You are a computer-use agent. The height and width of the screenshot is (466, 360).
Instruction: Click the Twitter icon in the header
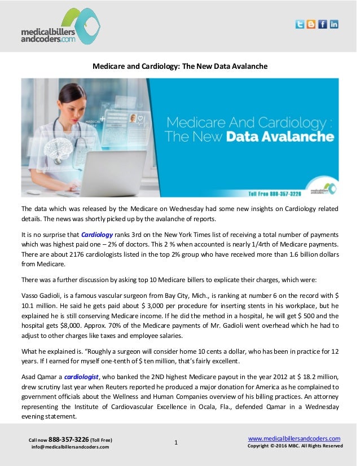pyautogui.click(x=300, y=24)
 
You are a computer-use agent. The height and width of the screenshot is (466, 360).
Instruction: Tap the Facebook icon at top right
pyautogui.click(x=323, y=24)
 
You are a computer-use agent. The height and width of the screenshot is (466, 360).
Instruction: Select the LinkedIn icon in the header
pyautogui.click(x=334, y=24)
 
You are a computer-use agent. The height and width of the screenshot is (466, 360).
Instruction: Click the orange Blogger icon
pyautogui.click(x=311, y=24)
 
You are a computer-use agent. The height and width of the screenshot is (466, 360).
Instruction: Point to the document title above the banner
pyautogui.click(x=179, y=66)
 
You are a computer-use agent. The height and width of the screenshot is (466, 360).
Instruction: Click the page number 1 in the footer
pyautogui.click(x=176, y=443)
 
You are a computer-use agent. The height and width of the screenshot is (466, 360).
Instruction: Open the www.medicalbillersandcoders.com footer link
pyautogui.click(x=294, y=438)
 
